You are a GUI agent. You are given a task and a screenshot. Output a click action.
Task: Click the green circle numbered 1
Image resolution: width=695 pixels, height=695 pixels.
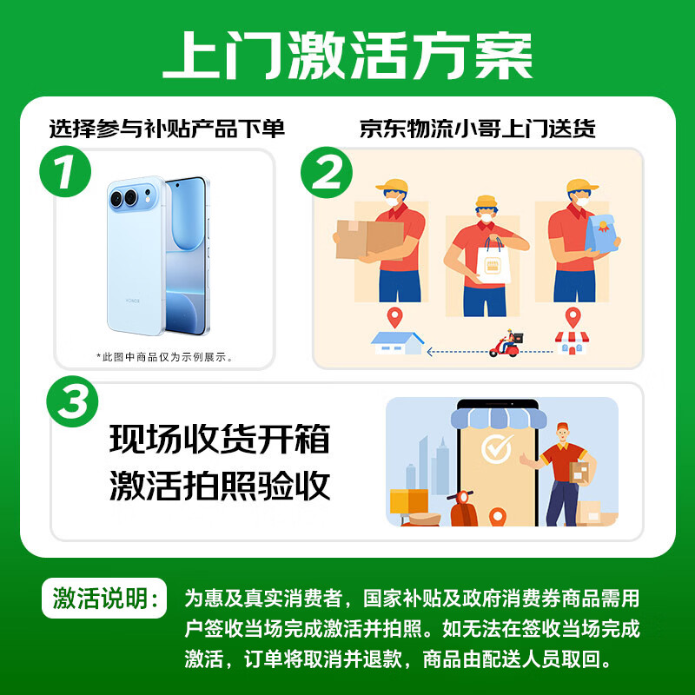pos(65,171)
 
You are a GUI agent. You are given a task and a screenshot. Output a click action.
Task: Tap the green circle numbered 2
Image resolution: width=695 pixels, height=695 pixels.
pos(327,172)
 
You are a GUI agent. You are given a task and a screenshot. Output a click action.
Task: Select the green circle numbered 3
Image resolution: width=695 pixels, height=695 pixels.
pos(72,401)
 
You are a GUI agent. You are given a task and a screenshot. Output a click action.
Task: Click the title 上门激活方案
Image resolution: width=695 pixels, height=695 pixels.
pos(347,56)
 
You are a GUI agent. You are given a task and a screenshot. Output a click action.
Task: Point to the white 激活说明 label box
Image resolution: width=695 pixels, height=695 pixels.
pos(104,598)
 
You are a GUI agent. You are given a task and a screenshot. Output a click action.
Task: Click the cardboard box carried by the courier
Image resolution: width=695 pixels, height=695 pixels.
pos(370,240)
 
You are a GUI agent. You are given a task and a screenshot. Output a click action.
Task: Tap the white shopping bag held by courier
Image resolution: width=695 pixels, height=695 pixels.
pos(493,262)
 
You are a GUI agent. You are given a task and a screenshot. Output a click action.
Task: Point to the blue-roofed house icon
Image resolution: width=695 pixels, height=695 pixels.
pos(397,343)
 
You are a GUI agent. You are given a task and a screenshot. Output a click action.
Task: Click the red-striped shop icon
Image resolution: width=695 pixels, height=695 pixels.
pos(572,343)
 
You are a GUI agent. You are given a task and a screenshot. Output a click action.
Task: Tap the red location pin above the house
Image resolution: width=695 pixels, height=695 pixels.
pos(394,317)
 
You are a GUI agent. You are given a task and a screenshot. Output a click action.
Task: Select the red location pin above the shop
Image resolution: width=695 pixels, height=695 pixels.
pos(573,317)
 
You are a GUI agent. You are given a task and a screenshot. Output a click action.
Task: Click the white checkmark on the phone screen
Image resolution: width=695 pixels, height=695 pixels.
pos(497,448)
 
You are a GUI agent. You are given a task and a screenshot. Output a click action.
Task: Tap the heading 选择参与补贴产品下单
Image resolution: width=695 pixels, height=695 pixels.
pos(167,129)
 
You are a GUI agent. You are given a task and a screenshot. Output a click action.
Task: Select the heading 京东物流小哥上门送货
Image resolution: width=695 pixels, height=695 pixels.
pos(477,129)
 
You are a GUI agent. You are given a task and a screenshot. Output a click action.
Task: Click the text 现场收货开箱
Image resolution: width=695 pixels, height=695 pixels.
pos(220,439)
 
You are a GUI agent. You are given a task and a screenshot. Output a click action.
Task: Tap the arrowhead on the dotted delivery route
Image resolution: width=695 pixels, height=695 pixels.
pos(429,352)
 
